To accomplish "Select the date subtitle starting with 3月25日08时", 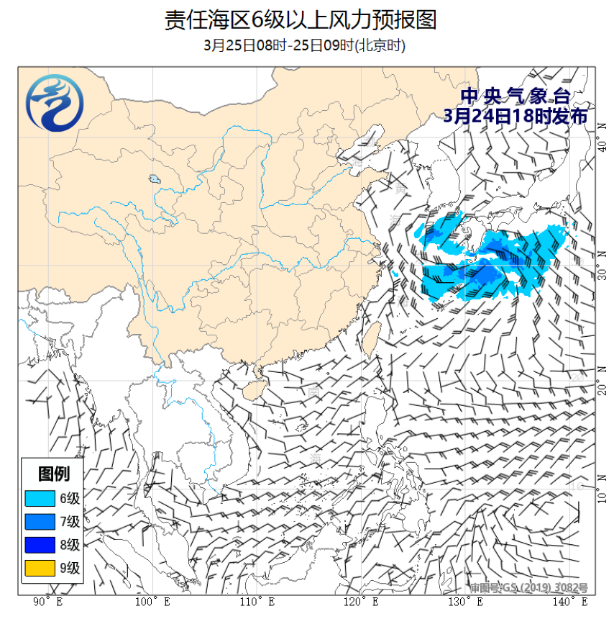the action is pyautogui.click(x=305, y=46).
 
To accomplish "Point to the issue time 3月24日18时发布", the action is pyautogui.click(x=516, y=116).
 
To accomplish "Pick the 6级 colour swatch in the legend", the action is pyautogui.click(x=40, y=498).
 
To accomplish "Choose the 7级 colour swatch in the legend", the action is pyautogui.click(x=40, y=522).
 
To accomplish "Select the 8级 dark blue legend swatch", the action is pyautogui.click(x=40, y=545).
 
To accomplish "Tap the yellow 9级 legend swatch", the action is pyautogui.click(x=40, y=569).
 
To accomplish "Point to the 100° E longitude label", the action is pyautogui.click(x=152, y=602).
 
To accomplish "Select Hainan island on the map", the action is pyautogui.click(x=251, y=389).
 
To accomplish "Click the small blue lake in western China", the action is pyautogui.click(x=153, y=179).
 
